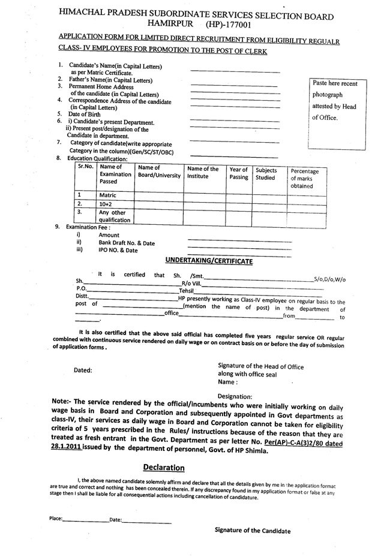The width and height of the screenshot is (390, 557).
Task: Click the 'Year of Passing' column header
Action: tap(238, 173)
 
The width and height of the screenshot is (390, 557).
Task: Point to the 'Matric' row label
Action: tap(109, 195)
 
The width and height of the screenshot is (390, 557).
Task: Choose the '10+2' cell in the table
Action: tap(107, 204)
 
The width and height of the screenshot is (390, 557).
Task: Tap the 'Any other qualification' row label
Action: tap(115, 216)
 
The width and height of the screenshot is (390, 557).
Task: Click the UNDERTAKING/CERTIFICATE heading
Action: tap(209, 261)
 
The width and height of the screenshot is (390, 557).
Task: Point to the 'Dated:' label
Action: tap(83, 371)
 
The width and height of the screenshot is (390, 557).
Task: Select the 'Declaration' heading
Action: tap(163, 467)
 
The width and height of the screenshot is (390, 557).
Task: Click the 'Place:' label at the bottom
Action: tap(56, 519)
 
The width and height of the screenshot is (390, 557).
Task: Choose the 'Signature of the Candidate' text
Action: tap(252, 531)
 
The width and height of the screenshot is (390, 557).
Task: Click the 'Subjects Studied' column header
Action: tap(266, 173)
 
